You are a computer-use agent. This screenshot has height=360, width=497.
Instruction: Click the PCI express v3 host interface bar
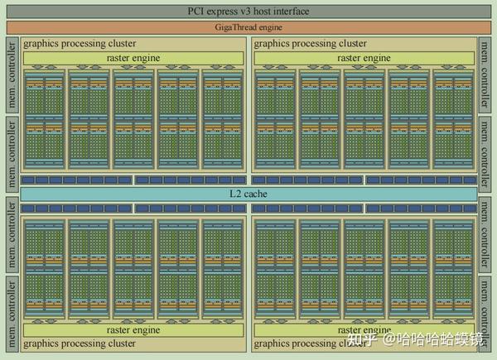click(x=248, y=11)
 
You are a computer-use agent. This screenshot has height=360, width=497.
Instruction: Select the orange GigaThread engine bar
click(x=248, y=26)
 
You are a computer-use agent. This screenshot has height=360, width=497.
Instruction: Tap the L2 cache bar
click(x=248, y=194)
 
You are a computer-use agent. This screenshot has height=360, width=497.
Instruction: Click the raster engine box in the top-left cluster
click(x=133, y=58)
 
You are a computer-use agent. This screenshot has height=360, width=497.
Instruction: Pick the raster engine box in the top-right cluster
click(x=364, y=58)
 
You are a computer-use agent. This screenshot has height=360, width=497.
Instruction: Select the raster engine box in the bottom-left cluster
click(x=133, y=329)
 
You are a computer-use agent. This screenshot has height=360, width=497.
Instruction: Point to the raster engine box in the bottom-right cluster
click(x=364, y=329)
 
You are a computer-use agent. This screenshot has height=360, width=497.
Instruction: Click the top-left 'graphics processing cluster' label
click(x=80, y=43)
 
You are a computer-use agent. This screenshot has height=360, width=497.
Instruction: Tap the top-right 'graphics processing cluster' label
click(x=311, y=43)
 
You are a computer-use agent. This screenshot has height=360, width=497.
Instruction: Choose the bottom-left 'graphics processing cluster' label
click(x=80, y=343)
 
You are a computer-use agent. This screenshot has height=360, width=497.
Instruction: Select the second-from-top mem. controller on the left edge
click(x=12, y=152)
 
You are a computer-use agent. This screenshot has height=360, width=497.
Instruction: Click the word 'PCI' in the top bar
click(x=195, y=11)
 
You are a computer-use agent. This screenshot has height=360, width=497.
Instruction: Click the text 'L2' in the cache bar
click(x=235, y=194)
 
